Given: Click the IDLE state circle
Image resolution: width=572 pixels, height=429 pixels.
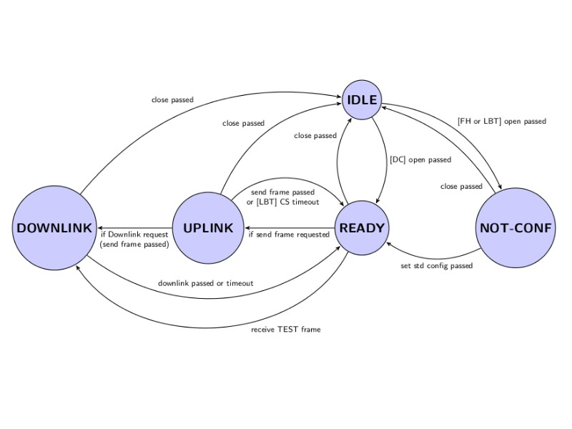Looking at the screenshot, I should click(x=362, y=100).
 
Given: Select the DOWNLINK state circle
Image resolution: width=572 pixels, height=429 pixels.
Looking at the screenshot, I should click(x=54, y=228).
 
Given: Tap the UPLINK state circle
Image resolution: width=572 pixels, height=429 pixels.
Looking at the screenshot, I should click(x=208, y=228).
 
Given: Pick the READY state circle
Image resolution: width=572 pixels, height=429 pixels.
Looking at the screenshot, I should click(x=362, y=228).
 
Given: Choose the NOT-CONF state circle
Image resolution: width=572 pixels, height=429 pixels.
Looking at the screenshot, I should click(x=516, y=228).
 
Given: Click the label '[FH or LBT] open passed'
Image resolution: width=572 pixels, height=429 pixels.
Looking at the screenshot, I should click(x=501, y=122).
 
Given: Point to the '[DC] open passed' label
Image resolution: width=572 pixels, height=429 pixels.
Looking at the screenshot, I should click(x=420, y=159).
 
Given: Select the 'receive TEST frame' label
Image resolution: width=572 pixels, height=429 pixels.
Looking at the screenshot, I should click(x=286, y=330).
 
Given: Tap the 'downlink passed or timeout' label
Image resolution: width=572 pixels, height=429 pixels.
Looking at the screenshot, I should click(x=206, y=283).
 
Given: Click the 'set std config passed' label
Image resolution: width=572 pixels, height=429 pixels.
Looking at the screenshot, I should click(x=436, y=266).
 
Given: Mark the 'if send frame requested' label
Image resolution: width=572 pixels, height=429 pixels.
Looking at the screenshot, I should click(x=289, y=234).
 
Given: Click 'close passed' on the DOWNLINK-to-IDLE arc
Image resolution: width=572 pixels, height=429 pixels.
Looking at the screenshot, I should click(x=172, y=99).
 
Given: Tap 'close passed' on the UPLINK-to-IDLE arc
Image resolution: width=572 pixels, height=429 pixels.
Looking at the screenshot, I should click(x=243, y=123).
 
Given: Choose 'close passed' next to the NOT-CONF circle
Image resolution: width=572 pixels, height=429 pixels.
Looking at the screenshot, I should click(x=461, y=187).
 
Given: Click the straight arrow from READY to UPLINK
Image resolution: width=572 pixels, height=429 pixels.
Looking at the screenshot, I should click(x=289, y=228).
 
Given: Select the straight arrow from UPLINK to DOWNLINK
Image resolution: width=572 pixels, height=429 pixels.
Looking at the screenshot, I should click(x=136, y=228).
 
